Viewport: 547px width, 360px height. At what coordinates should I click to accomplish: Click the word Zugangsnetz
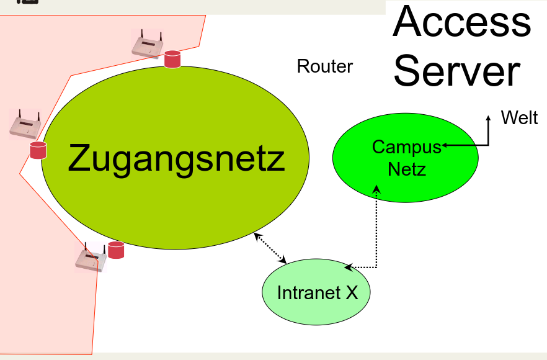[176, 159]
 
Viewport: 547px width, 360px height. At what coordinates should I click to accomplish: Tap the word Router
[324, 66]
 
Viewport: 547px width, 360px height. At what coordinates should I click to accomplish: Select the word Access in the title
[462, 22]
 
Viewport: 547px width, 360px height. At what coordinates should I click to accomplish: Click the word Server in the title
[456, 71]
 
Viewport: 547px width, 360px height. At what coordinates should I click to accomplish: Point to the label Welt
[519, 118]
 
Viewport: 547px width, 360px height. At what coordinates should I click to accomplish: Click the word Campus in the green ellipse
[406, 147]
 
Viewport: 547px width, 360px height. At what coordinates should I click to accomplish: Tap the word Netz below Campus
[407, 168]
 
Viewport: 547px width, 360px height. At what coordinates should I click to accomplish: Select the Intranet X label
[317, 292]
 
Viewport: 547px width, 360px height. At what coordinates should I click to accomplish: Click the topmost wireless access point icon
[148, 46]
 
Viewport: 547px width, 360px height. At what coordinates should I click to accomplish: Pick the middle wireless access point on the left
[25, 126]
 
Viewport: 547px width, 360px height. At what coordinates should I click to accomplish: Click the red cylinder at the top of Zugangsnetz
[172, 60]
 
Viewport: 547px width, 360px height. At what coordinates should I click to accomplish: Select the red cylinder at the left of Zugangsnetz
[38, 150]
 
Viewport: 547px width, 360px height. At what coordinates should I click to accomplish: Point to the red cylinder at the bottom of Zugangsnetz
[116, 250]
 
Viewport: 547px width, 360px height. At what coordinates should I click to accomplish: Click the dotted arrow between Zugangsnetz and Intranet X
[270, 248]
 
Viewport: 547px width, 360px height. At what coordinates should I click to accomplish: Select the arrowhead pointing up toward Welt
[488, 116]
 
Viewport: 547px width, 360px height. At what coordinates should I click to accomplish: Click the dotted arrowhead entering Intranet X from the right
[348, 268]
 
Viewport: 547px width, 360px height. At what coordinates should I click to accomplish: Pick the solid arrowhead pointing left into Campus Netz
[445, 145]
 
